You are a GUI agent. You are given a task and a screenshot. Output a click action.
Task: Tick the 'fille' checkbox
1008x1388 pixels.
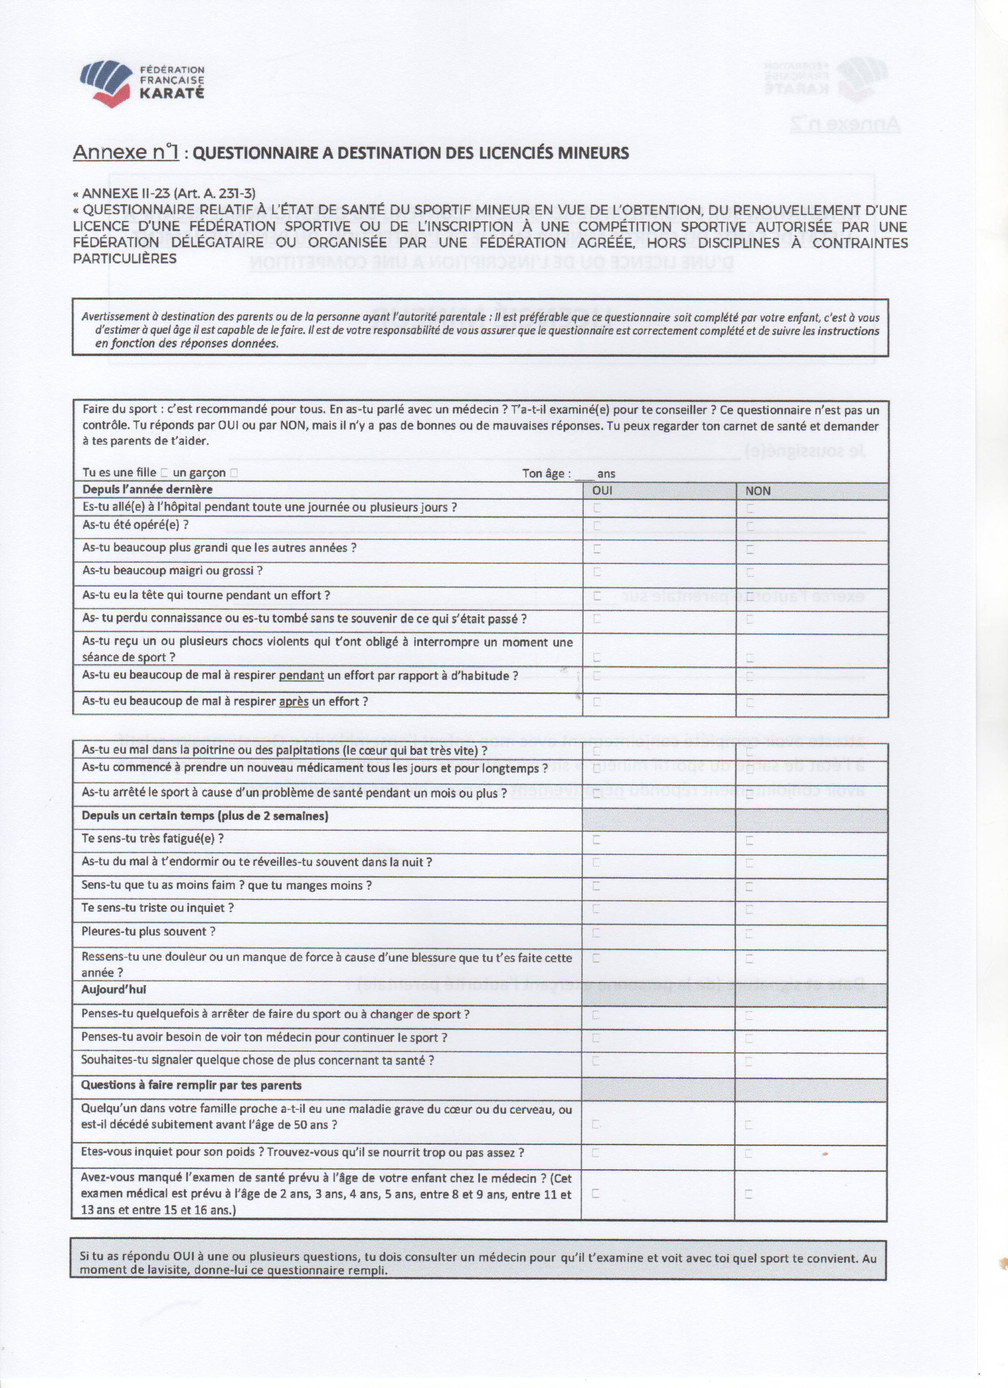pyautogui.click(x=164, y=473)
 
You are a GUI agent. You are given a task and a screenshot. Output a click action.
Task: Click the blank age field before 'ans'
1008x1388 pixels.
pyautogui.click(x=584, y=474)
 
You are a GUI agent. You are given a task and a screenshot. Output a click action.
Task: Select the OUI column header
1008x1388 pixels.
pyautogui.click(x=602, y=491)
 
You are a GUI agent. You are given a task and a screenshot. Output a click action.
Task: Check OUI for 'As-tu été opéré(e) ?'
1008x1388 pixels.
pyautogui.click(x=597, y=526)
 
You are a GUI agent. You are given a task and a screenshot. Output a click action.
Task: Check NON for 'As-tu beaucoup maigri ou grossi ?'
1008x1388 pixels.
pyautogui.click(x=750, y=572)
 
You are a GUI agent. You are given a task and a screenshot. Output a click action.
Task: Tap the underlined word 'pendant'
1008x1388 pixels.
pyautogui.click(x=301, y=676)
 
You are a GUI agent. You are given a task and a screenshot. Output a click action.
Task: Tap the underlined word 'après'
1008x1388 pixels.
pyautogui.click(x=294, y=702)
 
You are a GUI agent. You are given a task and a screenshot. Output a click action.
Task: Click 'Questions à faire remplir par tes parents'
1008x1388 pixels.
pyautogui.click(x=191, y=1085)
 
